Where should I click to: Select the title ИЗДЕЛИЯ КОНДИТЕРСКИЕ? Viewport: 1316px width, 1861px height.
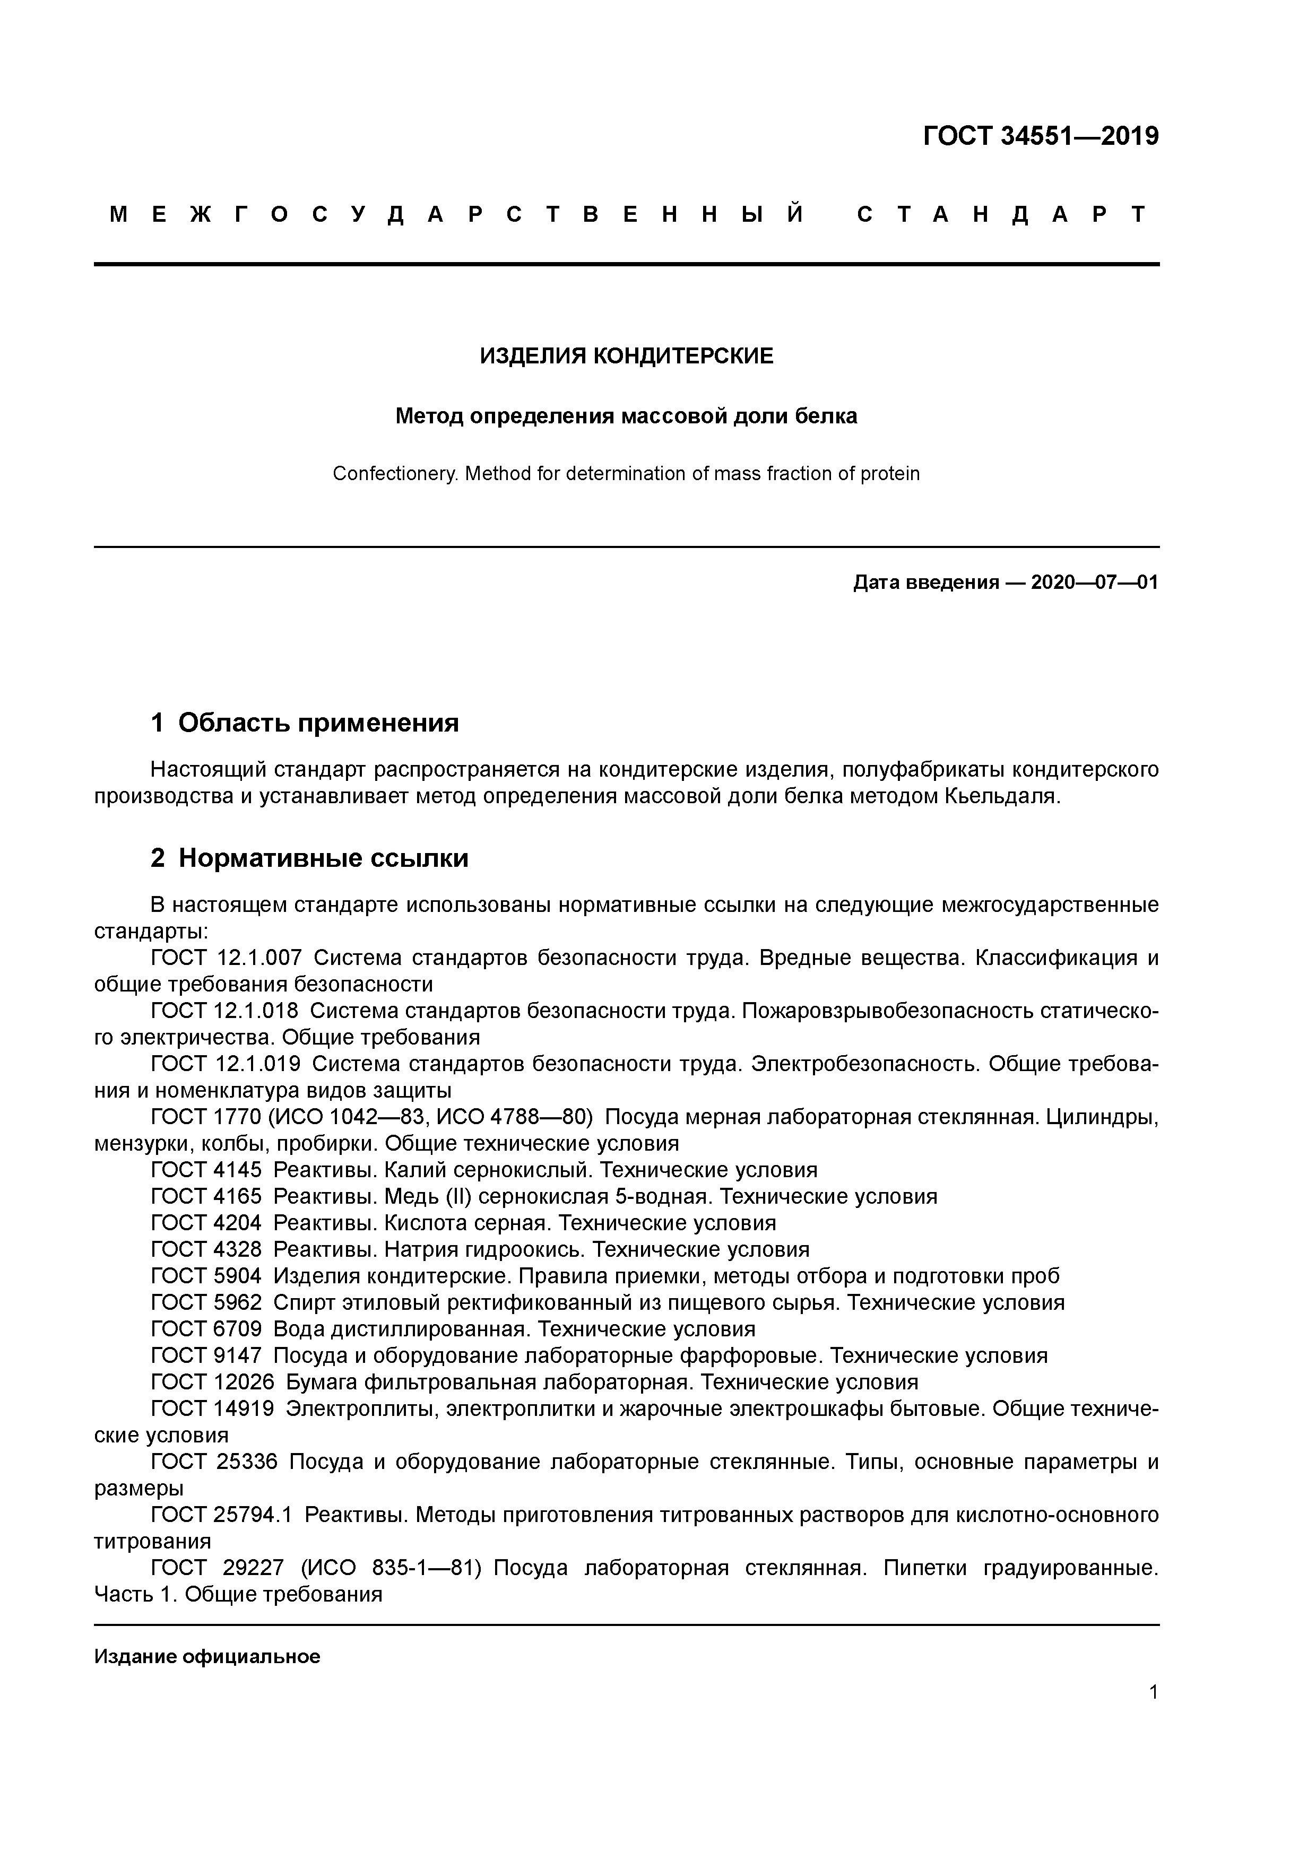coord(626,356)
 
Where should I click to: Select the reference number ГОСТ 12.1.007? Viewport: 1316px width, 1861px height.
coord(226,958)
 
